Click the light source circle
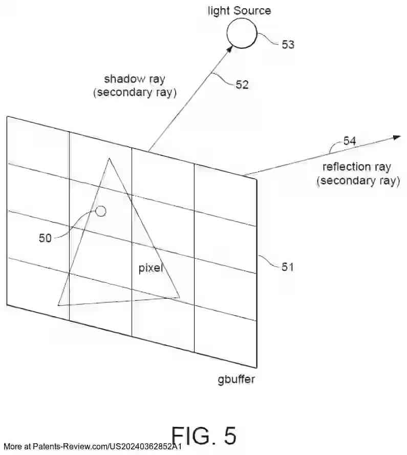coord(242,34)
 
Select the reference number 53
coord(288,45)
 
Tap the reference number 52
coord(242,85)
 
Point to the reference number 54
coord(350,141)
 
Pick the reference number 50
coord(45,238)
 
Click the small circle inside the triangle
coord(101,211)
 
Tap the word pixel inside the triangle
coord(151,268)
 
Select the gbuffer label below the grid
coord(236,380)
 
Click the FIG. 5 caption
coord(204,436)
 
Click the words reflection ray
coord(356,167)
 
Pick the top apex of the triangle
coord(109,159)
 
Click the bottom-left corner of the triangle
coord(58,305)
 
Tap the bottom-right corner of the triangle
coord(180,297)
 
